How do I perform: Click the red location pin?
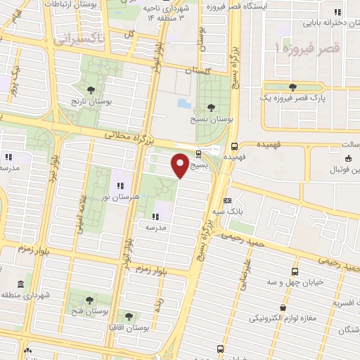click(x=180, y=165)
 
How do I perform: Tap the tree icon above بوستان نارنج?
click(x=92, y=89)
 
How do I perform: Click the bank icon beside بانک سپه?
click(x=227, y=200)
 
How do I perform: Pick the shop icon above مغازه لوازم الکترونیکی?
click(x=282, y=307)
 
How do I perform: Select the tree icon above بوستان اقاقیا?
click(x=128, y=316)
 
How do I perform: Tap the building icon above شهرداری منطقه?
click(x=19, y=284)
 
